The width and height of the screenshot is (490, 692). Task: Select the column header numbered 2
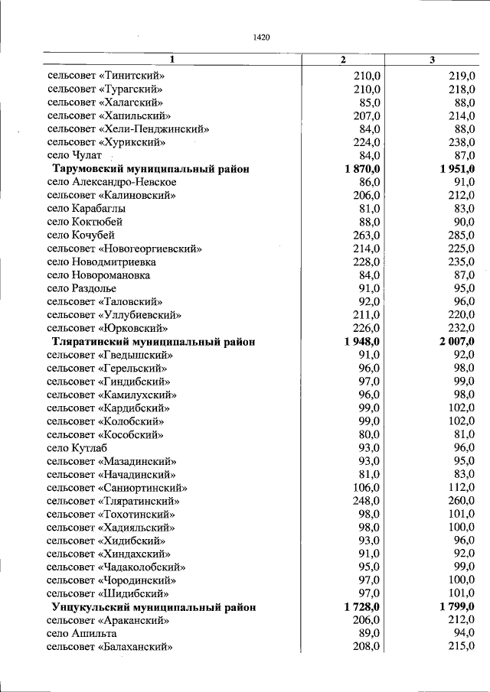pyautogui.click(x=343, y=60)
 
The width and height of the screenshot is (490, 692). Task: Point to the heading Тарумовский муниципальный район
pyautogui.click(x=150, y=169)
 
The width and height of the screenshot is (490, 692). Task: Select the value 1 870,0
pyautogui.click(x=363, y=169)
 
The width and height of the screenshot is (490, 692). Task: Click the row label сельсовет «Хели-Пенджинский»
pyautogui.click(x=127, y=129)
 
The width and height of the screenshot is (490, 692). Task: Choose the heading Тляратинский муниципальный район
pyautogui.click(x=153, y=342)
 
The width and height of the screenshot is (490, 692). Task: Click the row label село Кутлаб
pyautogui.click(x=77, y=448)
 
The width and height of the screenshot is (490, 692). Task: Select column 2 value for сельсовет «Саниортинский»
pyautogui.click(x=367, y=488)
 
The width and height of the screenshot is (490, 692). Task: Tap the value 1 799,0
pyautogui.click(x=458, y=607)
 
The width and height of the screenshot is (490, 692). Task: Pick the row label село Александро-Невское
pyautogui.click(x=112, y=182)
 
